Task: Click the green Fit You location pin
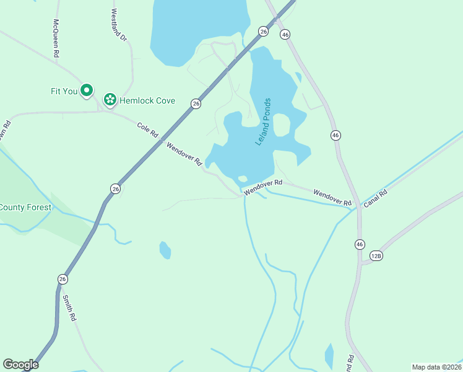coord(87,91)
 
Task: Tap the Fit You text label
coord(64,91)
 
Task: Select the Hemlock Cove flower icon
coord(110,99)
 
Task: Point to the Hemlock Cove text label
coord(148,100)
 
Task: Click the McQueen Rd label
coord(56,38)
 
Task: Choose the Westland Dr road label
coord(119,25)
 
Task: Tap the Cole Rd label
coord(148,130)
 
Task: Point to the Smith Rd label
coord(68,307)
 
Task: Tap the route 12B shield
coord(376,255)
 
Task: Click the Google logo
coord(20,365)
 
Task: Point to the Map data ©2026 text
coord(437,366)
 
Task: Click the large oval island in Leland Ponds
coord(281,126)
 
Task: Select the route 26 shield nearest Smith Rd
coord(63,279)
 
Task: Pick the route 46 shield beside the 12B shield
coord(360,245)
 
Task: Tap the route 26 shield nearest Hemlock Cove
coord(196,104)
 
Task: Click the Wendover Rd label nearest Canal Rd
coord(332,198)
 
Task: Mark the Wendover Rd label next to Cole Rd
coord(184,153)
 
